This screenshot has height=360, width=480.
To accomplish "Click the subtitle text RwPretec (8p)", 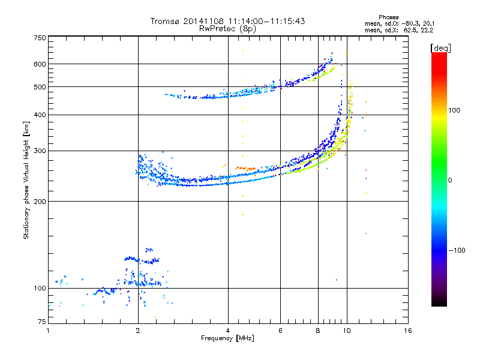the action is pos(227,29).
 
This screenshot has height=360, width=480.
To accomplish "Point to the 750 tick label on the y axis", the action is pos(40,38).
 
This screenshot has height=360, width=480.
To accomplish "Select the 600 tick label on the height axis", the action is pos(40,64).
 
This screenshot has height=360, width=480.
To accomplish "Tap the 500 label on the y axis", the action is pos(40,87).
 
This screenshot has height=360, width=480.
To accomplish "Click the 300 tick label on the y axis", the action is pos(40,151).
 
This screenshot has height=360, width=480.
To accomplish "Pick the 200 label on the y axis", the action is pos(40,202).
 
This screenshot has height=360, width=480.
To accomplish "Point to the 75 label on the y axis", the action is pos(42,322).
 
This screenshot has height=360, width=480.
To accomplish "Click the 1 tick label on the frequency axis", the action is pos(48,331).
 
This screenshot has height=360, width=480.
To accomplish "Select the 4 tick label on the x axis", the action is pos(228,331).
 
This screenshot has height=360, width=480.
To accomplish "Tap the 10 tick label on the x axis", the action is pos(347,331).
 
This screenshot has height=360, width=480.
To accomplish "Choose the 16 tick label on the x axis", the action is pos(408,331).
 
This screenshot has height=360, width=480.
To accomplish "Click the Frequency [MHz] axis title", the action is pos(227,338).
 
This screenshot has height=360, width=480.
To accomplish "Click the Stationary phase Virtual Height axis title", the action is pos(26,181).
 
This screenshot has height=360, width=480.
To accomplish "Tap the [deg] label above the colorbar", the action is pos(440,48).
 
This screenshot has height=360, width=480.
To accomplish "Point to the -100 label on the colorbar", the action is pos(457,250).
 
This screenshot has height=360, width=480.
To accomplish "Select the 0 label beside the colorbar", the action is pos(450,181).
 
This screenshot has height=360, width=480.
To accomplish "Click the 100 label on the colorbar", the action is pos(454,110).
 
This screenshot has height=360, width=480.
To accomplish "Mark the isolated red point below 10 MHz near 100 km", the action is pos(337,280).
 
